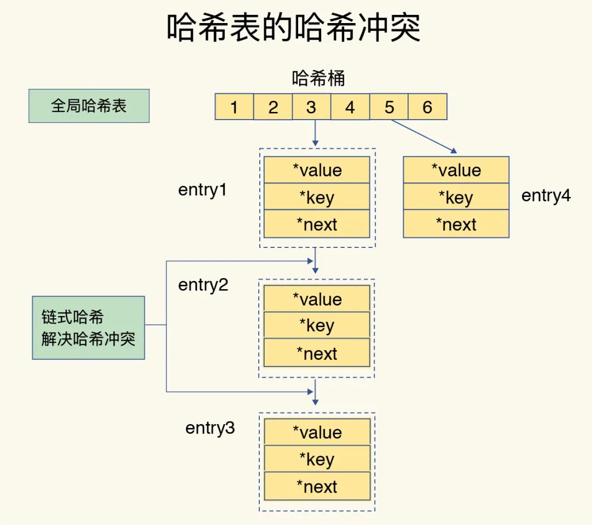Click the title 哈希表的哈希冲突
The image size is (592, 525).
[x=294, y=29]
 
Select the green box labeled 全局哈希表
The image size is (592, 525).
[x=89, y=106]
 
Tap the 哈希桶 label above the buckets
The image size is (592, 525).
[x=318, y=78]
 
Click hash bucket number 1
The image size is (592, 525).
[x=234, y=107]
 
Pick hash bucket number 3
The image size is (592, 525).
[x=311, y=107]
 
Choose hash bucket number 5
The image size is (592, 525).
[x=389, y=107]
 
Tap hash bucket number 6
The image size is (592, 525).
[x=428, y=107]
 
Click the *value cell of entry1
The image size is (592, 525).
[x=317, y=170]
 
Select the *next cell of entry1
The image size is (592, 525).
[x=317, y=224]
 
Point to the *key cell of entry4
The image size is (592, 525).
[x=456, y=197]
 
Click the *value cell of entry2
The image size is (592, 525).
[x=317, y=299]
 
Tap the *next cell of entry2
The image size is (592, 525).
[x=317, y=353]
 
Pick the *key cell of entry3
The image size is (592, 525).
[x=317, y=459]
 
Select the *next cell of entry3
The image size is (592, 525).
[x=317, y=487]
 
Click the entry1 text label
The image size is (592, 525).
[x=202, y=190]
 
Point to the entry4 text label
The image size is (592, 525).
[x=546, y=195]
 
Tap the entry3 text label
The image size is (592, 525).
[x=210, y=428]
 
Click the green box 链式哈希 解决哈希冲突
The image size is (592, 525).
[x=88, y=328]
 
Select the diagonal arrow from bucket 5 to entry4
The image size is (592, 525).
[x=424, y=136]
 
